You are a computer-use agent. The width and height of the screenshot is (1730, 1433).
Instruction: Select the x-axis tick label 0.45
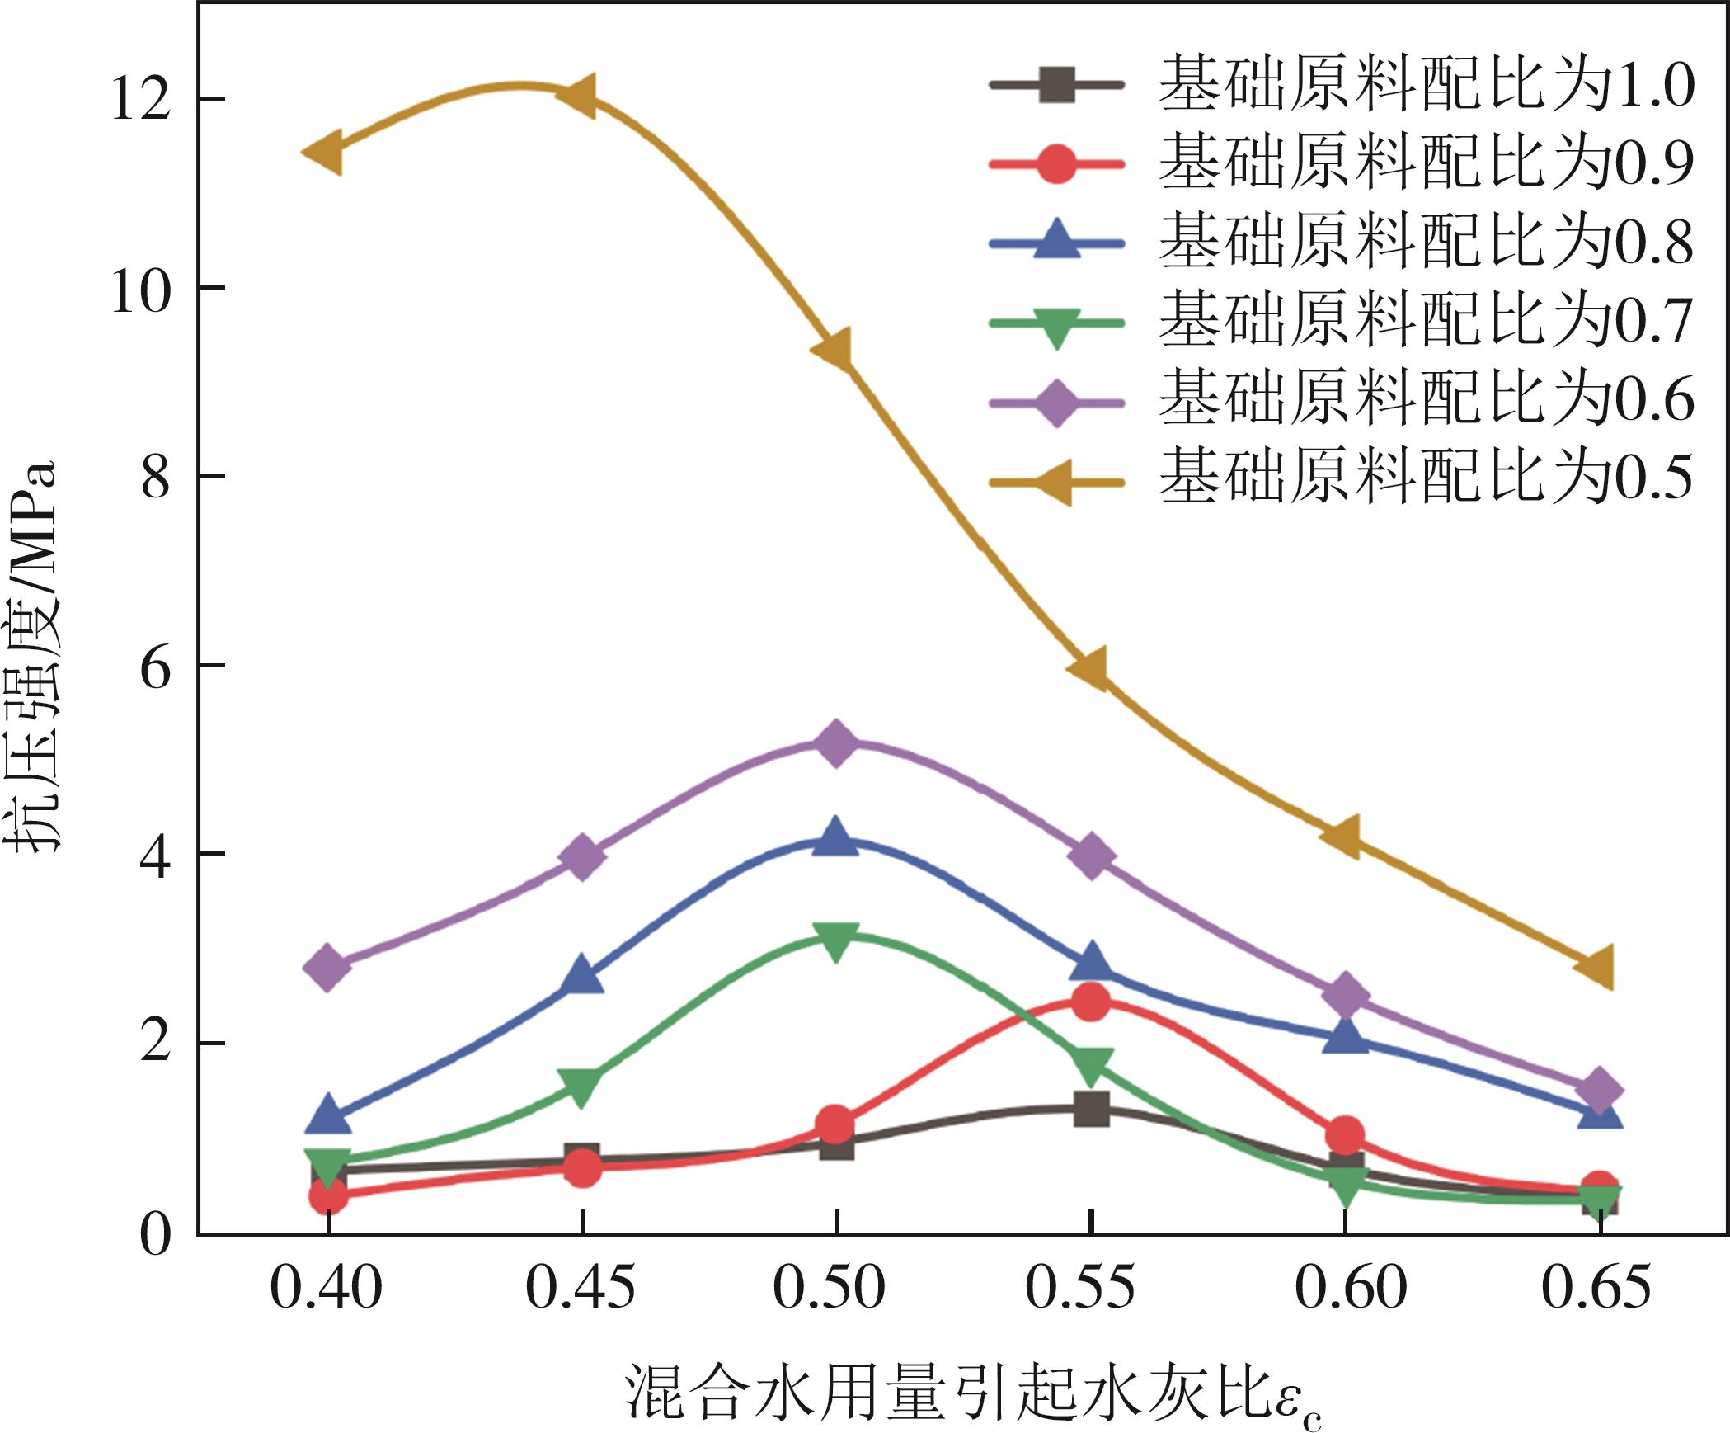[x=581, y=1288]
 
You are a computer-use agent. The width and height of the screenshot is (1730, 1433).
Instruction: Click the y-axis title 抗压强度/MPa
[x=35, y=656]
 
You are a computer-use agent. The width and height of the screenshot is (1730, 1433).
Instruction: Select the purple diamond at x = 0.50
[x=836, y=742]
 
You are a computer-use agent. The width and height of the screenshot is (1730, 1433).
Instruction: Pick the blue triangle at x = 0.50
[x=836, y=838]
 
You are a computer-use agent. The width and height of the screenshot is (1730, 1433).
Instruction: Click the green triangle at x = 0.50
[x=836, y=941]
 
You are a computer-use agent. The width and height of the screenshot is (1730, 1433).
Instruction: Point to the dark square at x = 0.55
[x=1091, y=1108]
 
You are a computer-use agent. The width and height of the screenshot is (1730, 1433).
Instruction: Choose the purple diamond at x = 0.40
[x=327, y=967]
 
